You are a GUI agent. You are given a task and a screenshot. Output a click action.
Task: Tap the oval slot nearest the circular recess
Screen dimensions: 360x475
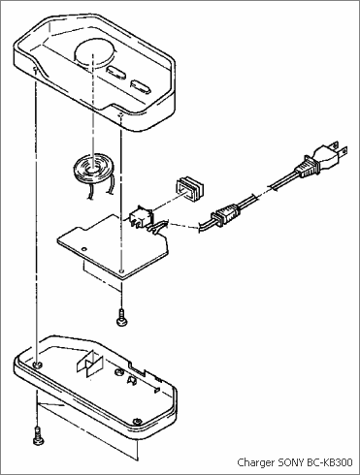click(x=116, y=73)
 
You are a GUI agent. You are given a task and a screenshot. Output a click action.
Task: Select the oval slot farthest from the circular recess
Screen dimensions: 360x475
click(x=141, y=87)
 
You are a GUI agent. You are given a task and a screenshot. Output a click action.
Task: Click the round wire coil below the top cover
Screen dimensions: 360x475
click(x=93, y=171)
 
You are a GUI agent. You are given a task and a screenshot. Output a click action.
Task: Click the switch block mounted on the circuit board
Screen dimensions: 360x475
click(x=142, y=216)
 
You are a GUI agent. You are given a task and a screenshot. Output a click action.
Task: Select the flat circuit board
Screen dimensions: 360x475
click(x=114, y=247)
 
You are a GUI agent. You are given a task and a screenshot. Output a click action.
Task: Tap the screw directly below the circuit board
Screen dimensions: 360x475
click(x=121, y=318)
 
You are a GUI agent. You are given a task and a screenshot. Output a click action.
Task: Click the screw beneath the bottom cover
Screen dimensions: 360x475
click(x=39, y=436)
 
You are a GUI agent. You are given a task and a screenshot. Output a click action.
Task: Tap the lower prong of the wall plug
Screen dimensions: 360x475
click(x=342, y=151)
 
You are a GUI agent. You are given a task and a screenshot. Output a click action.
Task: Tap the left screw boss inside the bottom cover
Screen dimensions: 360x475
click(x=38, y=364)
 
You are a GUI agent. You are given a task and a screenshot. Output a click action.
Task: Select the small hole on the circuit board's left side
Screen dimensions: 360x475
click(x=84, y=249)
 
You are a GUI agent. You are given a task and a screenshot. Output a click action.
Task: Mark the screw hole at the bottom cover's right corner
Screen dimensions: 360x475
click(x=138, y=422)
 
